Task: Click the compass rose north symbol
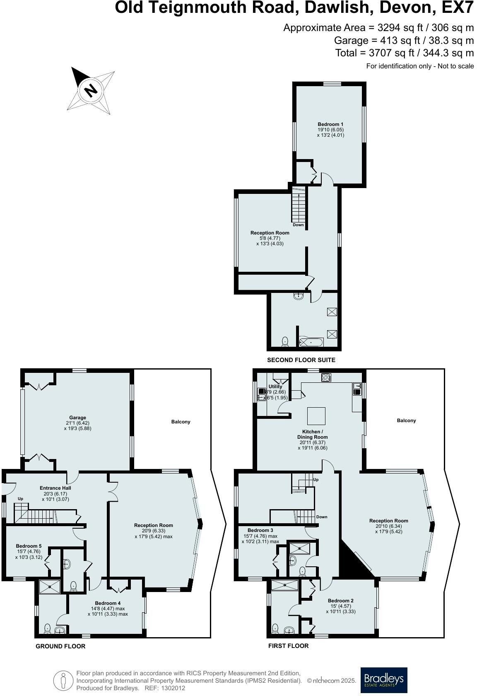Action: tap(90, 90)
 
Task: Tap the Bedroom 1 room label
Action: tap(330, 124)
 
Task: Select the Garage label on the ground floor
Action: tap(77, 418)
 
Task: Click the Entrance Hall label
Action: tap(55, 488)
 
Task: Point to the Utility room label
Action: tap(275, 387)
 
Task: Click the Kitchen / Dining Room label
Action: tap(313, 434)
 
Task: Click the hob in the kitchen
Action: tap(326, 377)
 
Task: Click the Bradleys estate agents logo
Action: tap(383, 679)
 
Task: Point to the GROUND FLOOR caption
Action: tap(60, 646)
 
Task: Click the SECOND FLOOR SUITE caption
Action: tap(301, 360)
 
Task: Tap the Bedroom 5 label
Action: tap(29, 546)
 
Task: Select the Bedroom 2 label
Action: tap(340, 601)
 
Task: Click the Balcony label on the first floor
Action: tap(406, 420)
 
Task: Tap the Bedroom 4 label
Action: tap(108, 603)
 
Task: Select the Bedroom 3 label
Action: tap(260, 530)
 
